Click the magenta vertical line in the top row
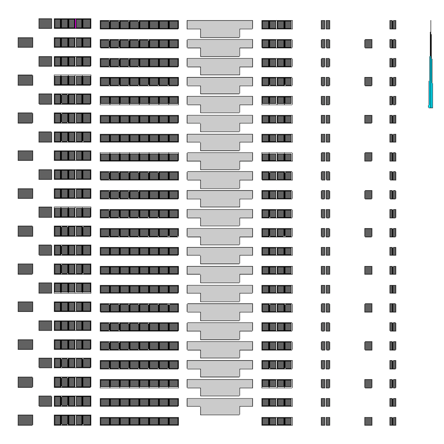(x=75, y=23)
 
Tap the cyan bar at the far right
(x=431, y=82)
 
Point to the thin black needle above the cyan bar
(x=431, y=39)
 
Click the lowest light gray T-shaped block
(x=220, y=403)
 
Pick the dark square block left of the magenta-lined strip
(x=45, y=23)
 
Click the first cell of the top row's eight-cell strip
(x=105, y=25)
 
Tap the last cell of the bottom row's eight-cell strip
(x=173, y=421)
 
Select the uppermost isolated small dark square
(x=368, y=43)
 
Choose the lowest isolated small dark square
(x=368, y=421)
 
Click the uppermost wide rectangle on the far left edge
(x=25, y=42)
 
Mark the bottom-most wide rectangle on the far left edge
(x=25, y=420)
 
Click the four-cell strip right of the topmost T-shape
(x=277, y=25)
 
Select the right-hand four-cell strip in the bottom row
(x=277, y=421)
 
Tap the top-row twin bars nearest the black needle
(x=392, y=25)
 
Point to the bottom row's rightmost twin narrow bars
(x=392, y=421)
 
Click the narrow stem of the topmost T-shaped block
(x=220, y=33)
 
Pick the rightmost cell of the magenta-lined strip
(x=87, y=23)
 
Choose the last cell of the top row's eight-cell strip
(x=173, y=25)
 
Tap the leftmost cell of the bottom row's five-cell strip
(x=58, y=420)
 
